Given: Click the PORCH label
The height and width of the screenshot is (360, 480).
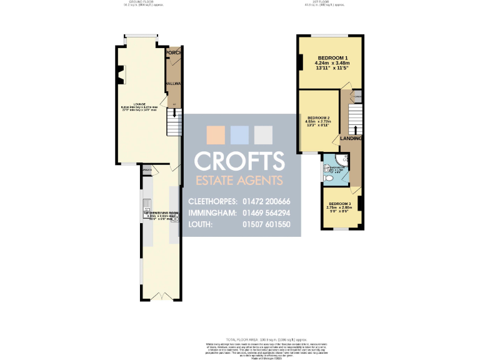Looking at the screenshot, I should (173, 53).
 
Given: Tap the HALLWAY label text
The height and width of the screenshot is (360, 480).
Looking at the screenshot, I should (173, 83).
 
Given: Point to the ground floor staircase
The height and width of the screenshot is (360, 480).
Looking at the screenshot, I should (174, 122).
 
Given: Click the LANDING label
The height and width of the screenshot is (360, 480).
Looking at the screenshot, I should (351, 138).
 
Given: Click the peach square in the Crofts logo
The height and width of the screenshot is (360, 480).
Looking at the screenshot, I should (214, 135).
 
